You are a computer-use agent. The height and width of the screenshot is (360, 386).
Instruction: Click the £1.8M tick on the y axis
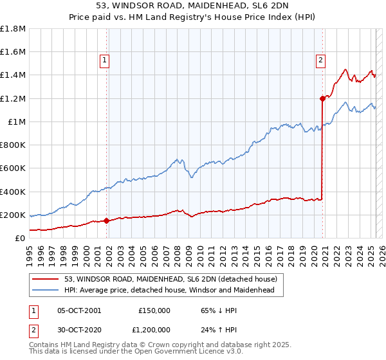(13, 29)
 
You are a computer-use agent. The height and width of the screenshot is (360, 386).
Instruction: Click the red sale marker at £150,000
(106, 221)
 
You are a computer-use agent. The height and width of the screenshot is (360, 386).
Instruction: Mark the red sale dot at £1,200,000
(322, 98)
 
